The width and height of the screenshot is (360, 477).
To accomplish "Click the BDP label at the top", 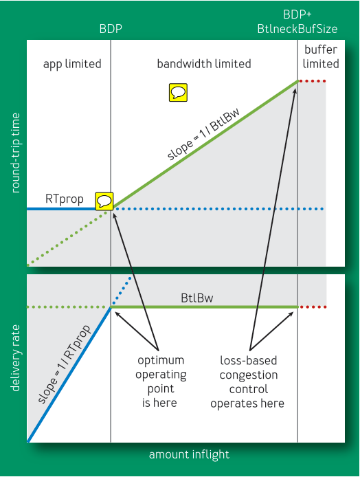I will [x=111, y=30].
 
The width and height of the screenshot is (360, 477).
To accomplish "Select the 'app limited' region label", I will [x=72, y=64].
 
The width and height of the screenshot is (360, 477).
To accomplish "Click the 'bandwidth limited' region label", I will [x=204, y=64].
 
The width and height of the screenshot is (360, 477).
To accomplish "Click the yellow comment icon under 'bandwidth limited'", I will [x=179, y=93].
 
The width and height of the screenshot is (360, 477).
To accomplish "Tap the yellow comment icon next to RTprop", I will [x=104, y=201].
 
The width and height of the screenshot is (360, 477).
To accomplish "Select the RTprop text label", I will [x=65, y=199].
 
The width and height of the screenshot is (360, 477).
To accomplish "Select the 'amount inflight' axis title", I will [x=189, y=454].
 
